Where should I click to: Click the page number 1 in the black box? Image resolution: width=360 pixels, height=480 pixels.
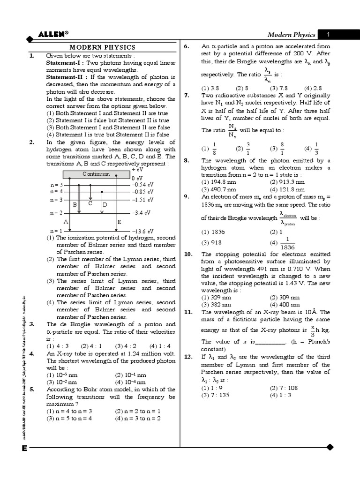pyautogui.click(x=329, y=34)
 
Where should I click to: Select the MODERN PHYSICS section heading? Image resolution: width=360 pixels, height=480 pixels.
pyautogui.click(x=102, y=47)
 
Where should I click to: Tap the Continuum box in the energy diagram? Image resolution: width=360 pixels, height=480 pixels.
pyautogui.click(x=96, y=174)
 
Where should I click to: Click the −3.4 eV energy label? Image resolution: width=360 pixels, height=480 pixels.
pyautogui.click(x=141, y=212)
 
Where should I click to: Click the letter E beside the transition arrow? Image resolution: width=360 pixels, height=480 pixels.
pyautogui.click(x=120, y=222)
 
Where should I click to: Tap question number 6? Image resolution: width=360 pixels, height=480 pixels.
pyautogui.click(x=186, y=46)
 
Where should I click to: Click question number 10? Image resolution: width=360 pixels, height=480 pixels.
pyautogui.click(x=188, y=254)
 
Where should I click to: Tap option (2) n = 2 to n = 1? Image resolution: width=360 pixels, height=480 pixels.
pyautogui.click(x=138, y=411)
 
